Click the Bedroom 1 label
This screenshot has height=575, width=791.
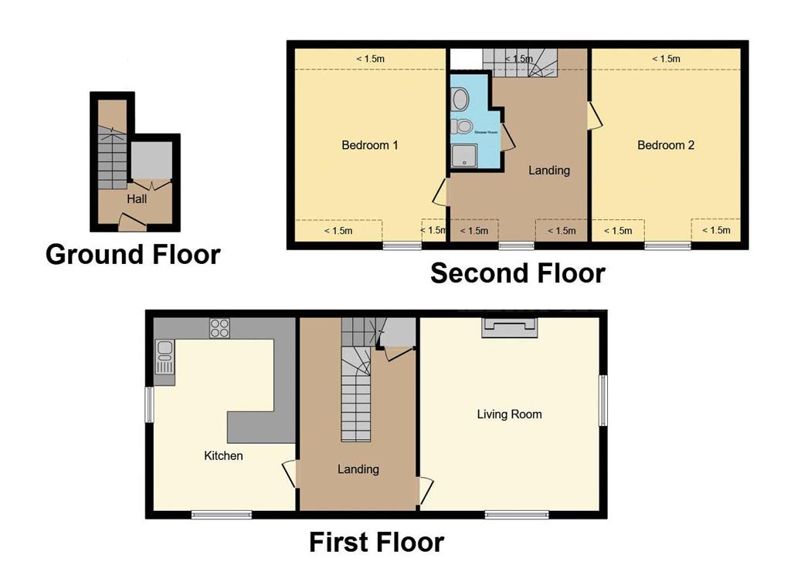[x=370, y=145]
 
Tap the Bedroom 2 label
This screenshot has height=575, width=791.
[x=666, y=145]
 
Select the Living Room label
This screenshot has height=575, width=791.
[x=509, y=414]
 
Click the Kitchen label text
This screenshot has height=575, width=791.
[x=223, y=456]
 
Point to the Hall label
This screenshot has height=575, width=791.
[x=137, y=199]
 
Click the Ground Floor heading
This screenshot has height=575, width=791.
[x=133, y=254]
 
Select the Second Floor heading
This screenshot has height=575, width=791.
[x=518, y=273]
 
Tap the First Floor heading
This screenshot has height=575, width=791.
[x=376, y=542]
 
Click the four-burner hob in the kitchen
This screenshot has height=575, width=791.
[x=219, y=328]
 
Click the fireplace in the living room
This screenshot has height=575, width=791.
[x=509, y=326]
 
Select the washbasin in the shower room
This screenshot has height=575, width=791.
[x=460, y=100]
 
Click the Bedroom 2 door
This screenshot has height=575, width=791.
[x=595, y=116]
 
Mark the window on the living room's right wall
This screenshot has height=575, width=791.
[x=603, y=400]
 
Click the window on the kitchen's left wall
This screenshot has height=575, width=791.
[x=150, y=403]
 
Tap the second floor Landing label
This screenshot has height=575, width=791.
[x=548, y=170]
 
